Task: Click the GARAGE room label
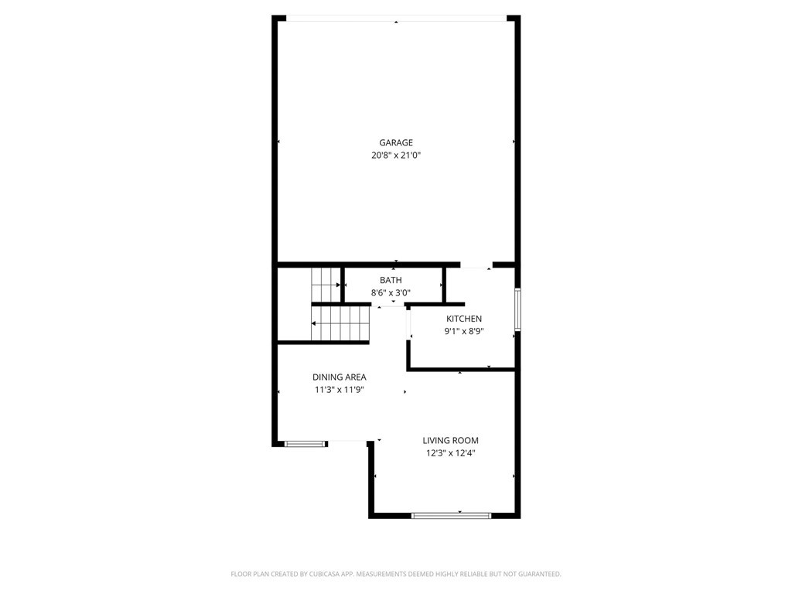pyautogui.click(x=396, y=143)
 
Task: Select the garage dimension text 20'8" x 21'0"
pyautogui.click(x=396, y=155)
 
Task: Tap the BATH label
pyautogui.click(x=391, y=280)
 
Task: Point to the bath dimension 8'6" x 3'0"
pyautogui.click(x=391, y=292)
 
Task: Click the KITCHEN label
pyautogui.click(x=464, y=319)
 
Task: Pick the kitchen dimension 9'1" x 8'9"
pyautogui.click(x=464, y=331)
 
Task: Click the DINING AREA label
pyautogui.click(x=340, y=377)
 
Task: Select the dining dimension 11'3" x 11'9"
pyautogui.click(x=340, y=390)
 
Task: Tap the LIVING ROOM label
pyautogui.click(x=451, y=440)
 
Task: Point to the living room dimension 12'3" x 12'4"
pyautogui.click(x=451, y=453)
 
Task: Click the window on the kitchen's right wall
pyautogui.click(x=517, y=309)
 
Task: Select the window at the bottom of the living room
pyautogui.click(x=451, y=516)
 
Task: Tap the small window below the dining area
pyautogui.click(x=305, y=444)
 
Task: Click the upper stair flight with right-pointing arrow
pyautogui.click(x=326, y=285)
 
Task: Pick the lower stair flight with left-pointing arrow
pyautogui.click(x=340, y=323)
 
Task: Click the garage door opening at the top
pyautogui.click(x=397, y=19)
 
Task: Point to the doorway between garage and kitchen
pyautogui.click(x=476, y=265)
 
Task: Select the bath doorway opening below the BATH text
pyautogui.click(x=388, y=305)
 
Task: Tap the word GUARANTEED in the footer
pyautogui.click(x=541, y=575)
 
